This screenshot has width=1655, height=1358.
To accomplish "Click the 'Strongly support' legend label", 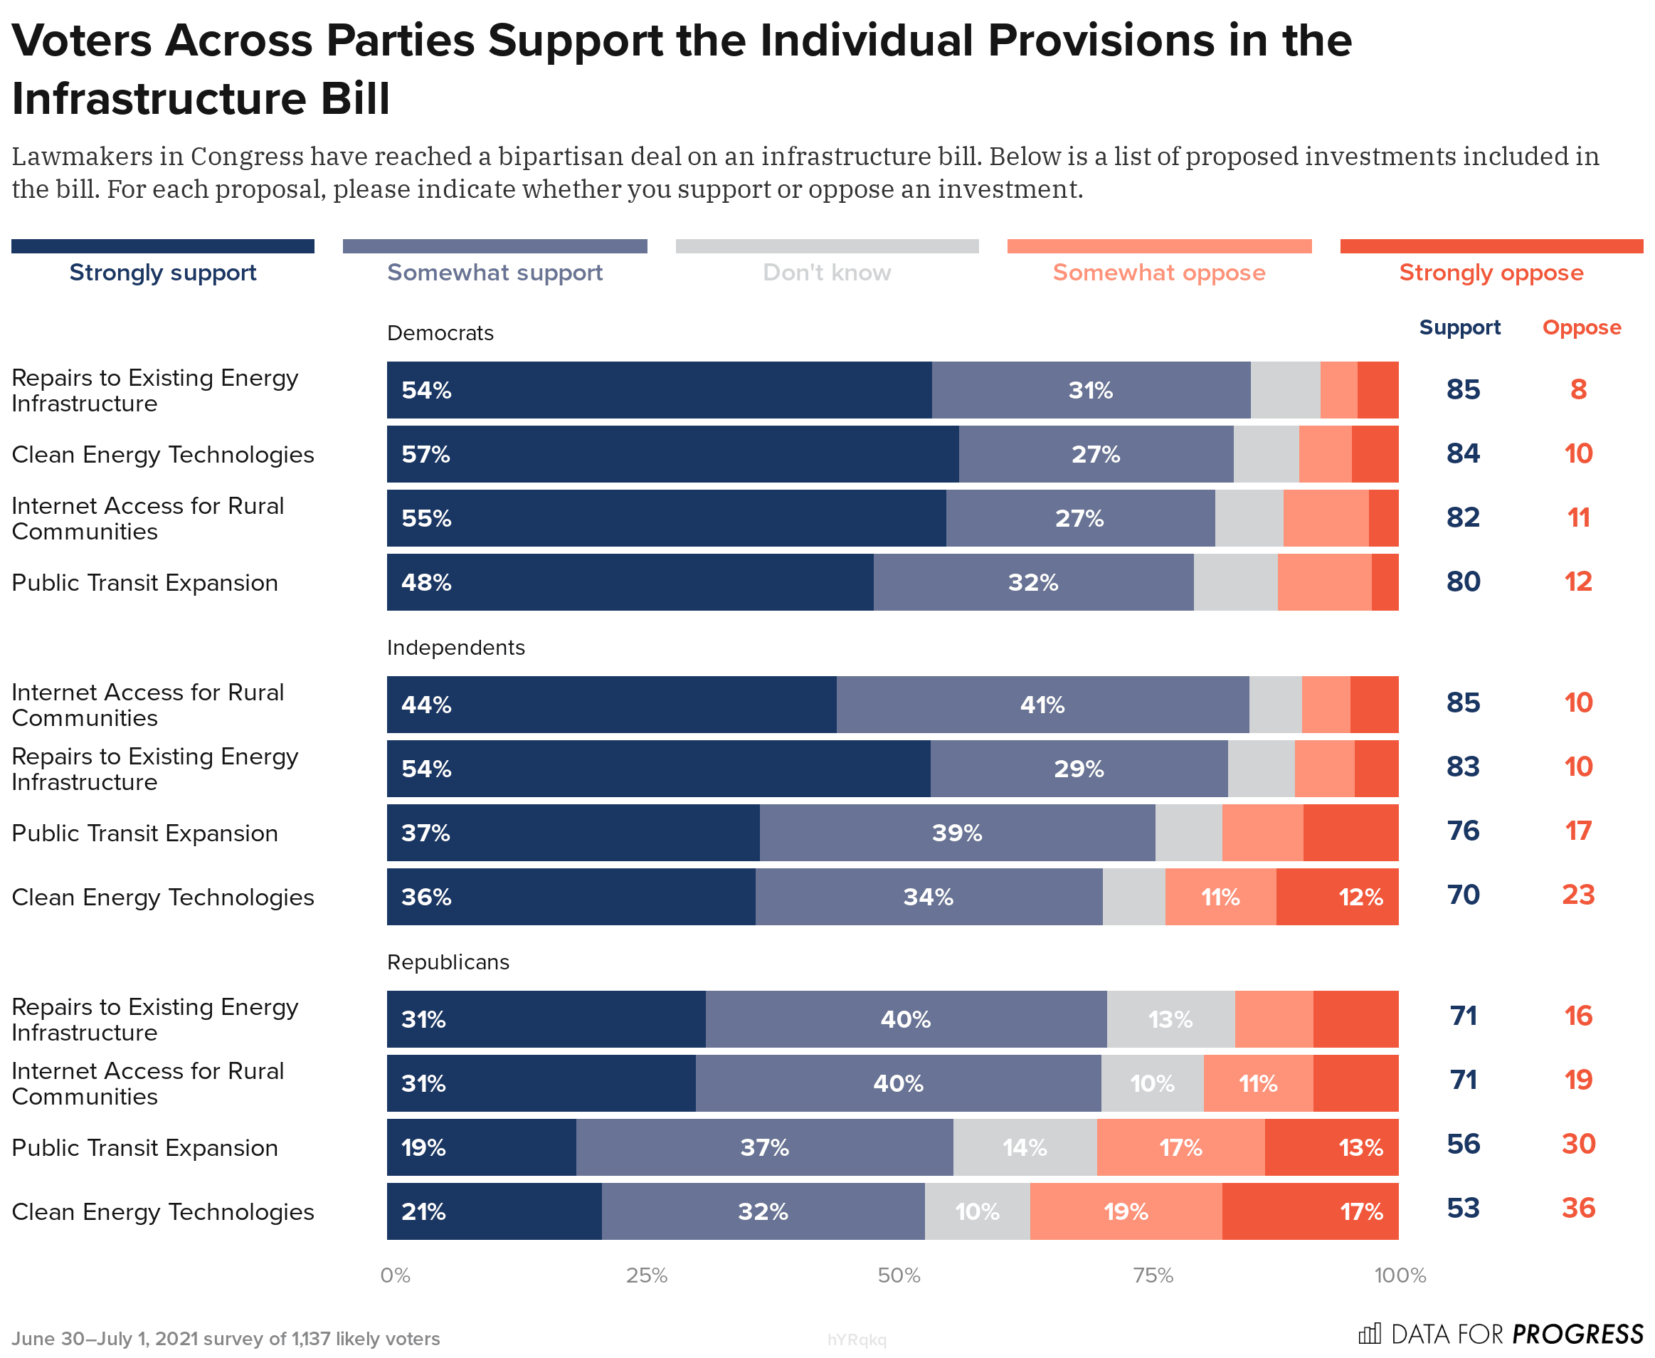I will pos(163,272).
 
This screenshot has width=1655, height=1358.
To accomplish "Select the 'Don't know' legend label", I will pos(827,272).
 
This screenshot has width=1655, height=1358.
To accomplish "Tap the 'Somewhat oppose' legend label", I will pos(1158,272).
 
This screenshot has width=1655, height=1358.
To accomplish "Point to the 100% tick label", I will pos(1400,1275).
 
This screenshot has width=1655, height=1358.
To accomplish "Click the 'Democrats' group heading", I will pos(440,333).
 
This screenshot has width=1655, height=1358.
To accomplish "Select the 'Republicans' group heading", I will pos(448,962).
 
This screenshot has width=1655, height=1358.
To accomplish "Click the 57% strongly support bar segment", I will pos(672,455).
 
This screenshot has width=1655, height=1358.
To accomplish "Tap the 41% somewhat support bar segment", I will pos(1042,705).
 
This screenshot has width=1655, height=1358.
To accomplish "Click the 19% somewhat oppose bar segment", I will pos(1126,1211).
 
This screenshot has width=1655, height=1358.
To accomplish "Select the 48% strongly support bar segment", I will pos(630,583).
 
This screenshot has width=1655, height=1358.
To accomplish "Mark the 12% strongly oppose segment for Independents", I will pos(1337,898).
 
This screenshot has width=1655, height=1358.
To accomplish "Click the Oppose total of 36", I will pos(1577,1209).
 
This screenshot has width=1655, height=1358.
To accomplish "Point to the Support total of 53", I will pos(1463,1209).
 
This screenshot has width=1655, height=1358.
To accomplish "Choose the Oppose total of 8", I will pos(1577,389).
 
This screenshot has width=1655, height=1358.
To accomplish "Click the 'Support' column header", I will pos(1459,328).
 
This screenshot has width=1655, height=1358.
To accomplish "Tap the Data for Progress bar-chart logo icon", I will pos(1370,1333).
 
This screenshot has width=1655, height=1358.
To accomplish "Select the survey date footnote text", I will pos(226,1339).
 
